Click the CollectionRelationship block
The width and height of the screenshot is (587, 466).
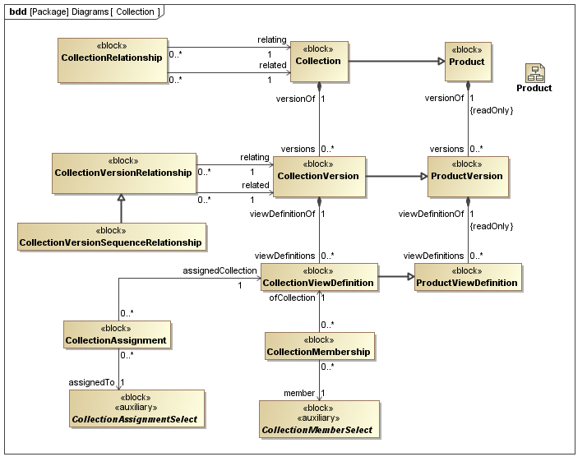point(112,59)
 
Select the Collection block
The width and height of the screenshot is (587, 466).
point(318,62)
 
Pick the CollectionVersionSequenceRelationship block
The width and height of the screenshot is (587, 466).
point(111,237)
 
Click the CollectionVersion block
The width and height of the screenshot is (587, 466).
point(318,177)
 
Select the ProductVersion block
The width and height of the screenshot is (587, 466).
point(466,177)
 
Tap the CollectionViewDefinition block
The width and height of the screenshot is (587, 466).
point(317,277)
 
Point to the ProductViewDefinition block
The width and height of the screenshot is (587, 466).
point(467,277)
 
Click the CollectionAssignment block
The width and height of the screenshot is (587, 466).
point(118,335)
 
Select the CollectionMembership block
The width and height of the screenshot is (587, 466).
point(319,346)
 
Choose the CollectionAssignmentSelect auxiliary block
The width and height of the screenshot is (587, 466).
point(138,408)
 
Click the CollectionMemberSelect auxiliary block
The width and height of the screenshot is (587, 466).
point(319,419)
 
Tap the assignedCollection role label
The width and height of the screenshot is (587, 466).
point(220,270)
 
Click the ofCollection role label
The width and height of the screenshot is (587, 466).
point(292,298)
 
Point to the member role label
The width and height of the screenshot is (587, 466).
point(299,394)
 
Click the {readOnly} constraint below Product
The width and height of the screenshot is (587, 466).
point(491,110)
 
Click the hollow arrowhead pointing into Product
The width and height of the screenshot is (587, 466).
point(440,61)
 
